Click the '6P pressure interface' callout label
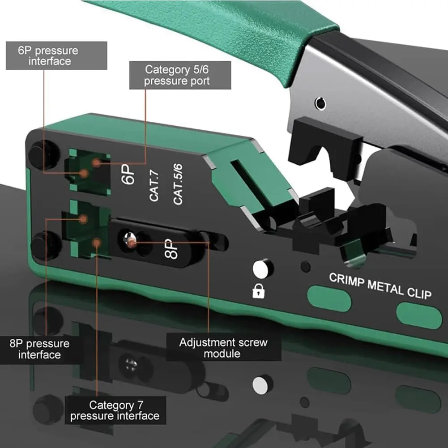pos(56,55)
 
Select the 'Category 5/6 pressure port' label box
pos(180,75)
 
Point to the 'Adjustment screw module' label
pos(223,348)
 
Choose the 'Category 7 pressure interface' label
pos(115,410)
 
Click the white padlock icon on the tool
pos(259,291)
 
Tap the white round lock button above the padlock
pos(261,269)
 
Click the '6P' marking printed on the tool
pos(128,174)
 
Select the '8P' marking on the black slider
pos(171,248)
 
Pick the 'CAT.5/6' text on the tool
pos(178,184)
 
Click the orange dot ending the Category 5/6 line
pos(96,163)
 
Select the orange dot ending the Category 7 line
pos(97,243)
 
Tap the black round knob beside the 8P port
pos(45,245)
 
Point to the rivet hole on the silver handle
pos(320,103)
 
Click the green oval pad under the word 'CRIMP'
pos(329,298)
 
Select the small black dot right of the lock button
pos(306,267)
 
